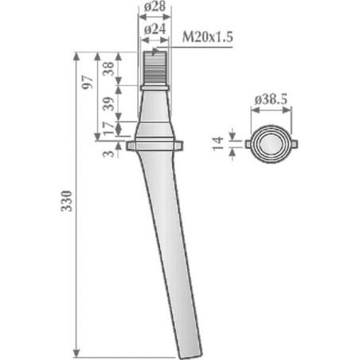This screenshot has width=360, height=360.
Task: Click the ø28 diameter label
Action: click(155, 6)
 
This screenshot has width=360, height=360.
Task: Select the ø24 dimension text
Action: click(155, 29)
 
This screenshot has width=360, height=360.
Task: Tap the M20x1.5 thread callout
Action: click(207, 37)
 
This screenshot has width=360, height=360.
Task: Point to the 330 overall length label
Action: click(66, 201)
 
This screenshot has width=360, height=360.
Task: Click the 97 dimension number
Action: click(88, 82)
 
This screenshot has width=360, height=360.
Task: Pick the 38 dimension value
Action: click(108, 68)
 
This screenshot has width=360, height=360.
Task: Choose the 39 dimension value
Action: click(108, 104)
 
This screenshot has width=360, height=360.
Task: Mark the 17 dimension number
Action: click(108, 128)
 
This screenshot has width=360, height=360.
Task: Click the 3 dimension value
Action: click(108, 154)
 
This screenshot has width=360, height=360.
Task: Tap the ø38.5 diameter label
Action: click(271, 100)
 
